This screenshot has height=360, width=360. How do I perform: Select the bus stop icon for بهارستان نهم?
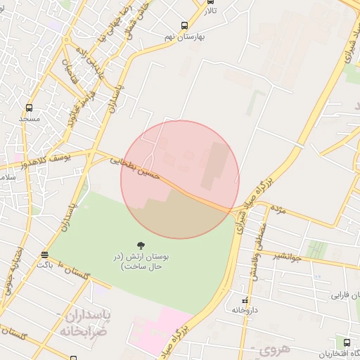pos(184,25)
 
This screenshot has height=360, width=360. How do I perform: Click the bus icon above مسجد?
pos(29,108)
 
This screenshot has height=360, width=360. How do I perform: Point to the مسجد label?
pos(29,119)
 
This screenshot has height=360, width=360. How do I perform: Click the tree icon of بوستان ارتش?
pos(141,246)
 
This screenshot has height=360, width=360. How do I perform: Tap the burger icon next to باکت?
pos(45,255)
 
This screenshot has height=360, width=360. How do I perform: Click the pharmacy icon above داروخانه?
pos(245,301)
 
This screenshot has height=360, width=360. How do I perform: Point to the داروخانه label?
pos(245,310)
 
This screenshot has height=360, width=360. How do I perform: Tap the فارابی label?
pos(345,295)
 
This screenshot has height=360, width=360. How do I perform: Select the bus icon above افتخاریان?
pos(347,342)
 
